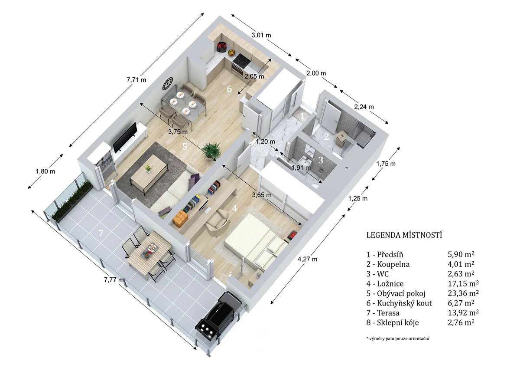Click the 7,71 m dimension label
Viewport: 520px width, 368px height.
tap(136, 80)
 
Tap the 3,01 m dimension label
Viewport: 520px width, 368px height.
tap(261, 35)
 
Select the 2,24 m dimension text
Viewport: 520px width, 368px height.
tap(364, 107)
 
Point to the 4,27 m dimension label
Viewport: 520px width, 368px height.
tap(307, 259)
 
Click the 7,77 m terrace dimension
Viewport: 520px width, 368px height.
tap(114, 279)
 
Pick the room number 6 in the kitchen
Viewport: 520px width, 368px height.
tap(229, 89)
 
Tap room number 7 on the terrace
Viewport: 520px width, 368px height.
tap(101, 233)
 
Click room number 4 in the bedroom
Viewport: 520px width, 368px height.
tap(235, 208)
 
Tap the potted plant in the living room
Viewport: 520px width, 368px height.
tap(211, 151)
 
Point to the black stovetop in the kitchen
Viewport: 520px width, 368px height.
tap(242, 60)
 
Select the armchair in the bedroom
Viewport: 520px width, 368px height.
tap(218, 223)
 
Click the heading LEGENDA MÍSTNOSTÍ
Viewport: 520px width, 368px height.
tap(404, 235)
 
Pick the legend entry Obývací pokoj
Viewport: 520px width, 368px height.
tap(401, 293)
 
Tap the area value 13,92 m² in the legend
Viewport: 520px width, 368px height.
tap(463, 313)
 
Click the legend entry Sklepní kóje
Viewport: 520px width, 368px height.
tap(398, 323)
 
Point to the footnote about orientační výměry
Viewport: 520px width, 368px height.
tap(398, 338)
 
